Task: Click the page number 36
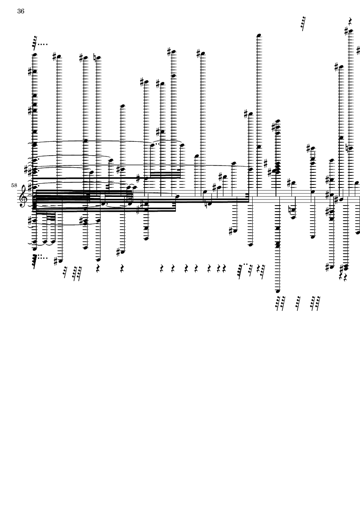pyautogui.click(x=21, y=11)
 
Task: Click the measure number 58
pyautogui.click(x=14, y=185)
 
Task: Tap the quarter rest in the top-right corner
pyautogui.click(x=351, y=22)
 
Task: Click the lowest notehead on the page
pyautogui.click(x=278, y=291)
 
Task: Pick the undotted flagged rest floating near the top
pyautogui.click(x=303, y=23)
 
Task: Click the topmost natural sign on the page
pyautogui.click(x=94, y=57)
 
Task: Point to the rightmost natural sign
pyautogui.click(x=347, y=148)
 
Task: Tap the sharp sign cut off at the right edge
pyautogui.click(x=358, y=50)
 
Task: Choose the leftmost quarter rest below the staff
pyautogui.click(x=98, y=268)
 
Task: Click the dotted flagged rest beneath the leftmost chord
pyautogui.click(x=35, y=262)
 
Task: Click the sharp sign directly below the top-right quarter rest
pyautogui.click(x=346, y=31)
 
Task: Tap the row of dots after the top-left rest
pyautogui.click(x=43, y=44)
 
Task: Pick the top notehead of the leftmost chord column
pyautogui.click(x=34, y=55)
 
